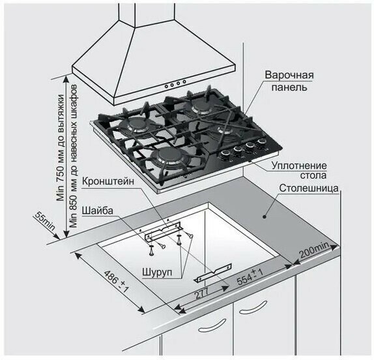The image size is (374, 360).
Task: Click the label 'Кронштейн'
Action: pos(108,181)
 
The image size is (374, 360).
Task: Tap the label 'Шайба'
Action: pos(97,211)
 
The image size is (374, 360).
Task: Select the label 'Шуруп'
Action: pos(157,273)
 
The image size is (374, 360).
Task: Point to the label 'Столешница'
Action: pos(309,188)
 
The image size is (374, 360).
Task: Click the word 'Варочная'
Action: pos(289,75)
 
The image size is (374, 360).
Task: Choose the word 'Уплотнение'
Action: pos(299,166)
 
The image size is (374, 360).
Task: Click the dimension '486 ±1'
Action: pos(116,282)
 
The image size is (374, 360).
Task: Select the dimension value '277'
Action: pos(202,293)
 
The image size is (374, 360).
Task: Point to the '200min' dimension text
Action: pos(314,250)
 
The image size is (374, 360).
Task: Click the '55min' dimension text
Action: pos(45,221)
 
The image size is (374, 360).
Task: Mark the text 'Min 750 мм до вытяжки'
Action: pos(61,148)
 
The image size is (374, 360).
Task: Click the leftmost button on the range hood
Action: pos(166,86)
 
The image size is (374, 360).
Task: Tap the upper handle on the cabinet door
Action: pos(253,307)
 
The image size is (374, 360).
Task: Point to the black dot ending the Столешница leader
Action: pos(264,217)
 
